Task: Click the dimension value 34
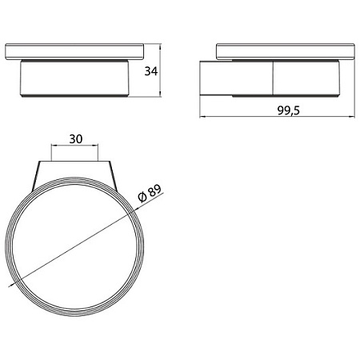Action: (151, 71)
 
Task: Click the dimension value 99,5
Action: (289, 110)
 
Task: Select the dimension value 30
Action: (76, 139)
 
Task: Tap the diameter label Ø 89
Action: (150, 194)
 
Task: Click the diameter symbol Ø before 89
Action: (142, 198)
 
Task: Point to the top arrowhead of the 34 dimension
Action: (160, 47)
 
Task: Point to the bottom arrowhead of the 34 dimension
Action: (160, 94)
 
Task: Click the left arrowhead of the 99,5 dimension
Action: (202, 117)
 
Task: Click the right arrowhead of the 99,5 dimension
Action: (351, 117)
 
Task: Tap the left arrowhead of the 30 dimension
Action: (54, 146)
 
